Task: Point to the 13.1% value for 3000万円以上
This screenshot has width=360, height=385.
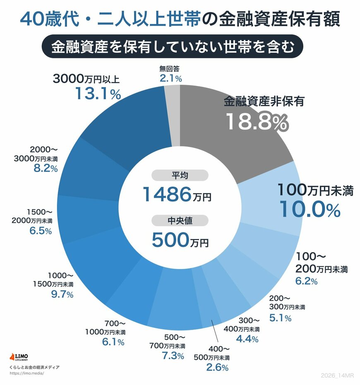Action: click(98, 94)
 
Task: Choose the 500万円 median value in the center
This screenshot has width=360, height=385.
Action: click(180, 239)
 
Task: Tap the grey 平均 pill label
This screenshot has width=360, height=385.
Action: click(180, 175)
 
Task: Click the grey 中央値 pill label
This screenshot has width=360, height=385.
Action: click(180, 221)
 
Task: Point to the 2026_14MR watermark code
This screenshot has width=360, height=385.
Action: click(338, 375)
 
